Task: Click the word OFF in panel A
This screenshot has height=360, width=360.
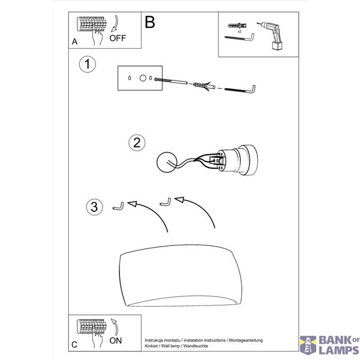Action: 118,38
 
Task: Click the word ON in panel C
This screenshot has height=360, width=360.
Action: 115,341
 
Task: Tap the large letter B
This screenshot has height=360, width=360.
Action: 150,22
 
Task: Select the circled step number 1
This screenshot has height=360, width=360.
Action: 87,64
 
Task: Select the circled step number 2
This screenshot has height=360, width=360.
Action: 137,143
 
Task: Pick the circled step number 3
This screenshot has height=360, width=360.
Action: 94,206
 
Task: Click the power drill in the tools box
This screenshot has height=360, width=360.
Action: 272,35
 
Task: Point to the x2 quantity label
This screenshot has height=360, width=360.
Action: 239,31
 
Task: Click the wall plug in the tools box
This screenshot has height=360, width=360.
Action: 237,25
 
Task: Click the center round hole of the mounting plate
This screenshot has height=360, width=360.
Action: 143,78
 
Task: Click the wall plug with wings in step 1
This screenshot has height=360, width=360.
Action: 204,86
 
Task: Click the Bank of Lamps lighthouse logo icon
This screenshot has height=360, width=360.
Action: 308,345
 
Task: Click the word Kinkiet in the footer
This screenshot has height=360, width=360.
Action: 151,346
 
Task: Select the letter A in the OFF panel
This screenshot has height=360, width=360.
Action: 74,41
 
